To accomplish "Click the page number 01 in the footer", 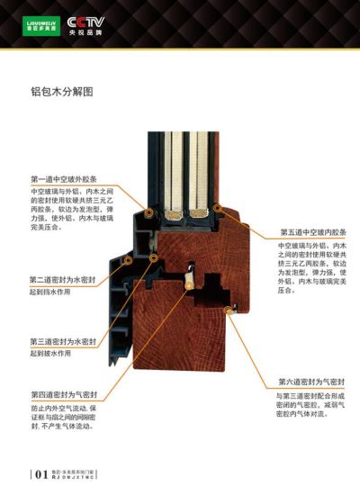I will [40, 473].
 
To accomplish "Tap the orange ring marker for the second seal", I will [129, 259].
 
